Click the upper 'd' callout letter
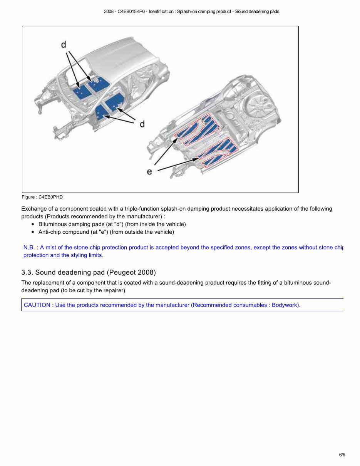(64, 45)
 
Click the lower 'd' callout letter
(142, 124)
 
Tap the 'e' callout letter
(149, 172)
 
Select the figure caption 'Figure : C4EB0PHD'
(42, 197)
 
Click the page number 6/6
(342, 455)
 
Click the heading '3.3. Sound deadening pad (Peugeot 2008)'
(89, 273)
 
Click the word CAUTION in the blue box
(37, 305)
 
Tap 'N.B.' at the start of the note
(29, 248)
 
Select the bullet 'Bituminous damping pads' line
(112, 224)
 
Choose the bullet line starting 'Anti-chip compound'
(106, 232)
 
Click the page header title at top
(191, 12)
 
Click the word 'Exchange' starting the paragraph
(33, 209)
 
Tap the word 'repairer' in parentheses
(114, 290)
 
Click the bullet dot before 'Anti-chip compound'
(33, 232)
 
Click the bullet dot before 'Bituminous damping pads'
(33, 225)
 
